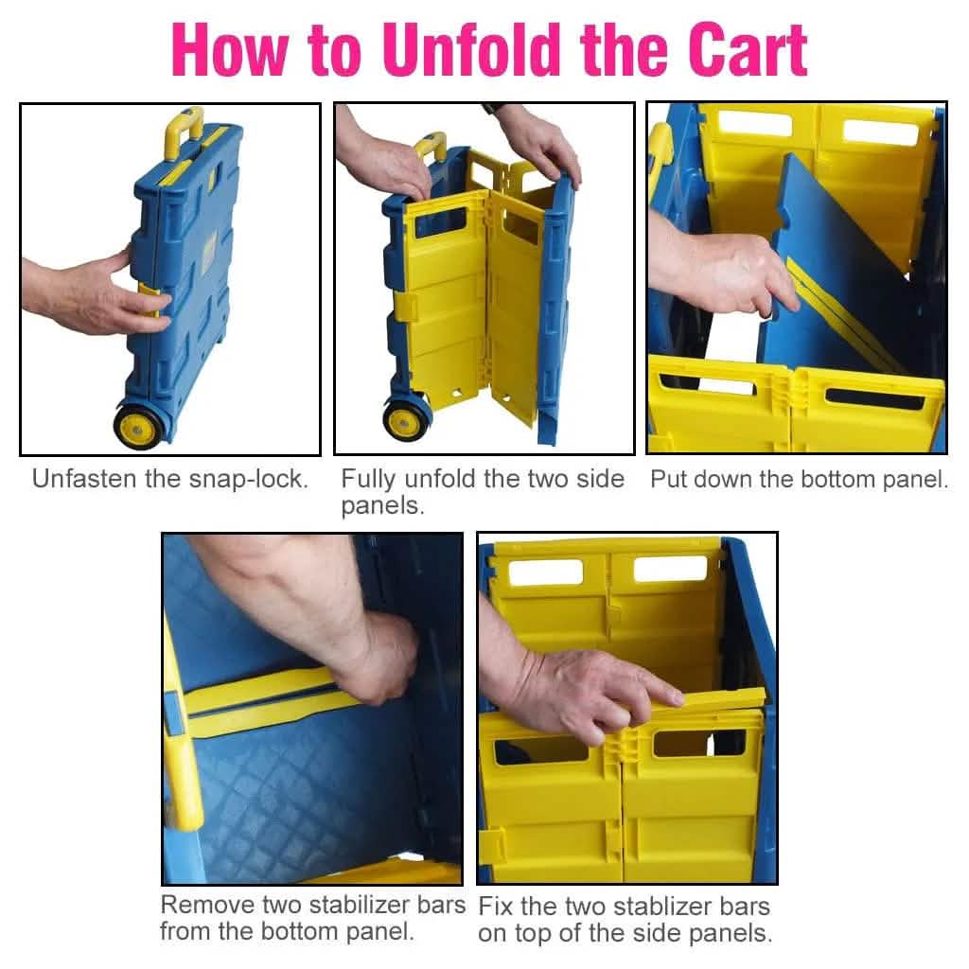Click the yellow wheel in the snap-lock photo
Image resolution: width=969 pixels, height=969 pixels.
tap(138, 426)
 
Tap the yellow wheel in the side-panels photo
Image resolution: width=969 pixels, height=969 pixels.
tap(405, 421)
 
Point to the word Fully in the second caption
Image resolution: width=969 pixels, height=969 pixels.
tap(367, 480)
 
